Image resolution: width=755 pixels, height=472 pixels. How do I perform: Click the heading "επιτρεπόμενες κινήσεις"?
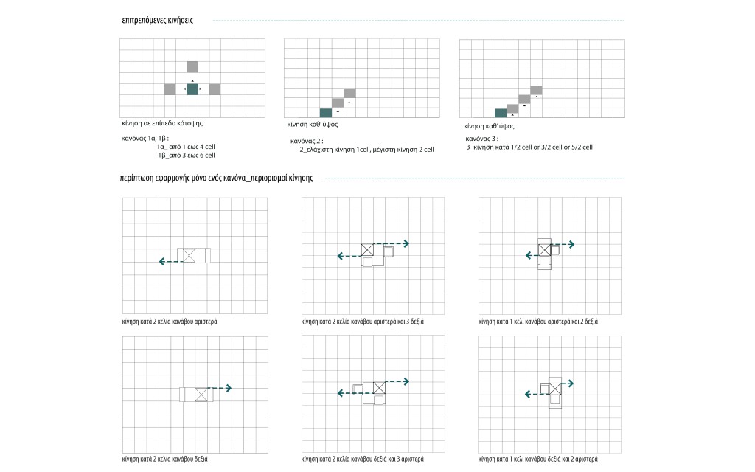click(157, 21)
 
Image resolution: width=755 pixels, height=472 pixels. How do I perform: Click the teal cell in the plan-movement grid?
click(192, 89)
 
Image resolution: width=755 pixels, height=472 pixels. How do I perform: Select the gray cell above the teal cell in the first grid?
click(192, 66)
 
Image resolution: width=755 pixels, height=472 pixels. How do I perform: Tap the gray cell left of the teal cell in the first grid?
click(170, 89)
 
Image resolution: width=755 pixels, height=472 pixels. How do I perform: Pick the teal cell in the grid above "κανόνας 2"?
click(326, 112)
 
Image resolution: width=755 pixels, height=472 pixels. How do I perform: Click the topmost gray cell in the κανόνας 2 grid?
click(349, 93)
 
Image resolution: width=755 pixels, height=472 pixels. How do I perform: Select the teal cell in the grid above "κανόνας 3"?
click(501, 113)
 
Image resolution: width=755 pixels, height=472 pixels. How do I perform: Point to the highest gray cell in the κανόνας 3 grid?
click(536, 91)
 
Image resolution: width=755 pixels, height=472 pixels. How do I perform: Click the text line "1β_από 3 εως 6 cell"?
click(186, 156)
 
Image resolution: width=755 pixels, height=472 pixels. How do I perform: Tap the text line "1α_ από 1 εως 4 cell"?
click(186, 147)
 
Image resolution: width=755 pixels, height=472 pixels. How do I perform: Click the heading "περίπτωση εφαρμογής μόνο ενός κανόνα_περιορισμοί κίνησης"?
click(218, 178)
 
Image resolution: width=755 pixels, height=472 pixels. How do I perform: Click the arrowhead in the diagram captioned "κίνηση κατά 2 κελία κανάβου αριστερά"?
click(161, 261)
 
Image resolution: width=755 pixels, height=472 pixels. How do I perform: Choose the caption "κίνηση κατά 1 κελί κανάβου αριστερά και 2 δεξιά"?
click(537, 322)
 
